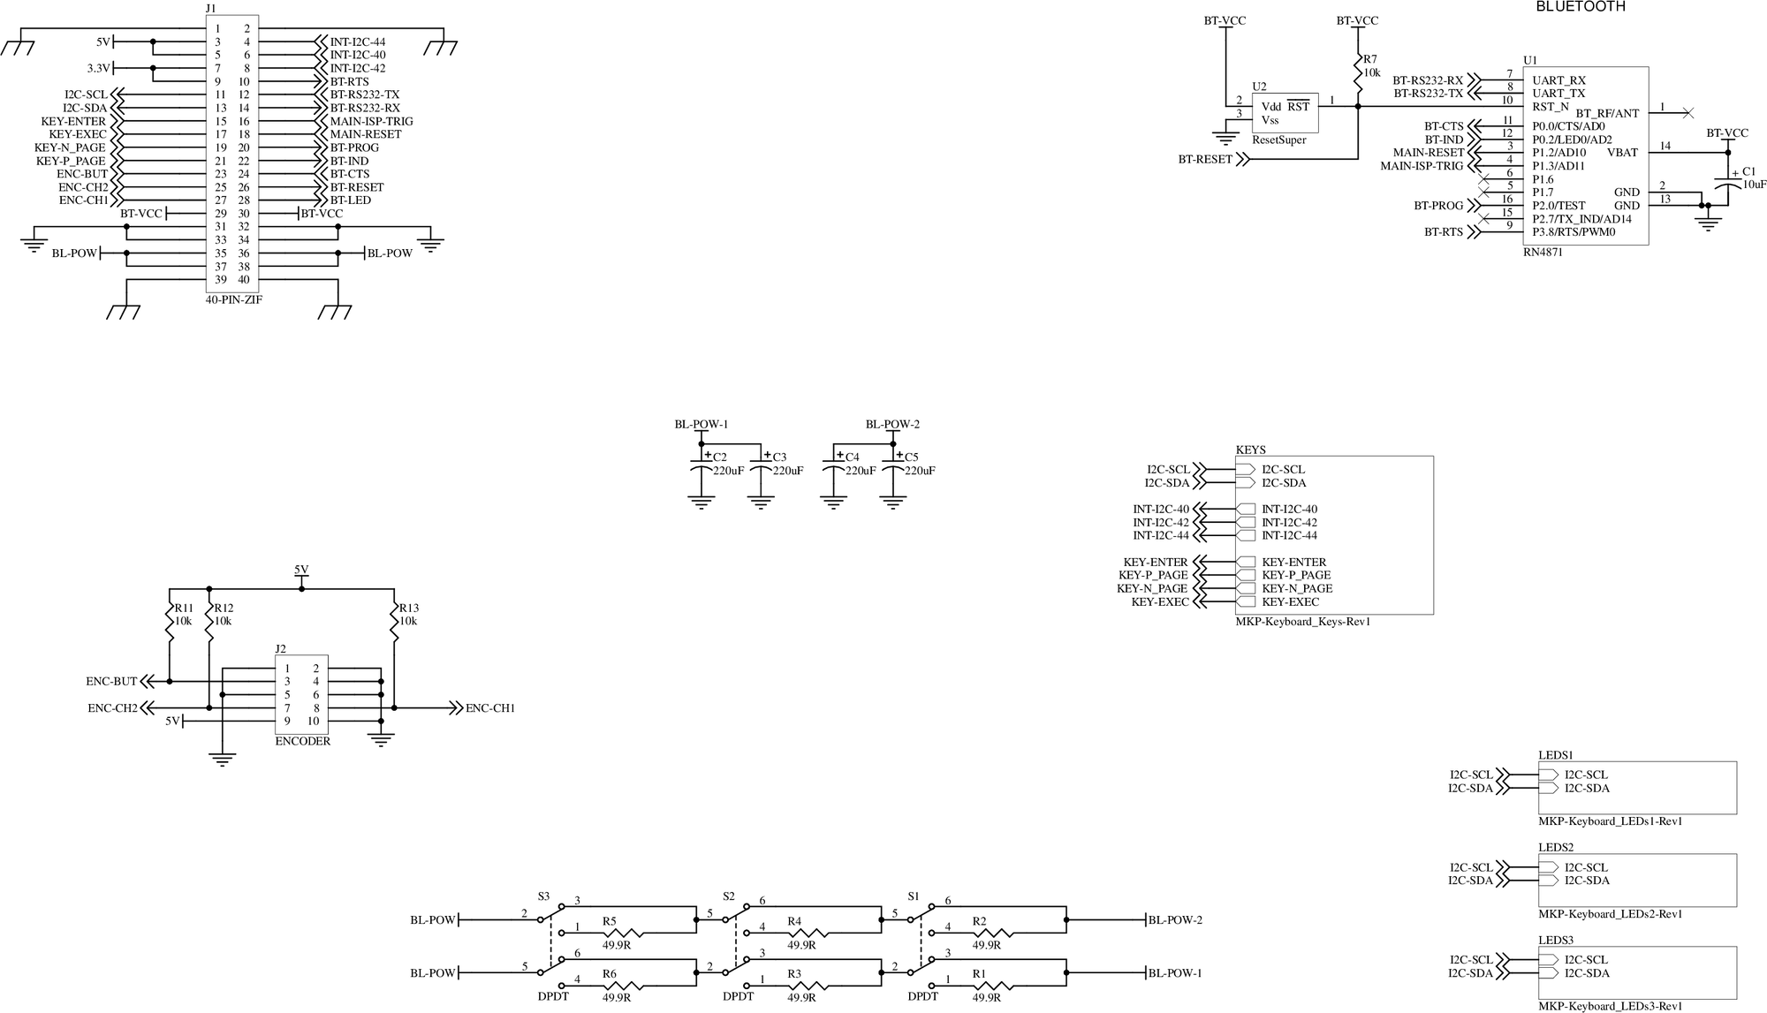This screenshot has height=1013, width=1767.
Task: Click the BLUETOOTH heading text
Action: point(1581,6)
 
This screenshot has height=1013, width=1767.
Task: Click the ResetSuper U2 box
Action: point(1285,112)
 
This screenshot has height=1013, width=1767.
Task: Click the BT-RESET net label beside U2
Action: point(1205,160)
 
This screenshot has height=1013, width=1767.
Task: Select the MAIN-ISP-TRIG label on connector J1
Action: point(371,121)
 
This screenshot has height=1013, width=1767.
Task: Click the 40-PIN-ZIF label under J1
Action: point(233,299)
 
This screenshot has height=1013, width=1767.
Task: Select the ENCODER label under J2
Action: point(302,741)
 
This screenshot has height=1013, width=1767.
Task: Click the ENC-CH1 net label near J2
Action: point(489,708)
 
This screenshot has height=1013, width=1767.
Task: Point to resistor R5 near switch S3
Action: point(624,932)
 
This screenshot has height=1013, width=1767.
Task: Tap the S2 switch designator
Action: point(728,896)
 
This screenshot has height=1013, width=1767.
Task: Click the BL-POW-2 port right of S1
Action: point(1174,919)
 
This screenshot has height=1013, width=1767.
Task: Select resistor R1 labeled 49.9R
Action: point(994,985)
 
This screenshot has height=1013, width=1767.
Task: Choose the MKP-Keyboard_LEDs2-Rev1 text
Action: point(1610,914)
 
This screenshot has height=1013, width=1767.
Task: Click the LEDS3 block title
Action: point(1556,941)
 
